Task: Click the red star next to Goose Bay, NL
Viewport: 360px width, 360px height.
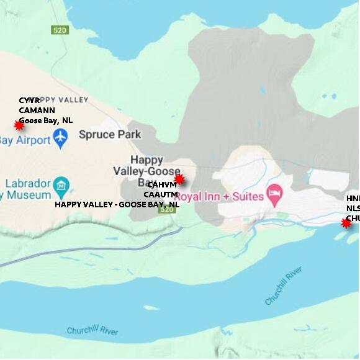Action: point(19,125)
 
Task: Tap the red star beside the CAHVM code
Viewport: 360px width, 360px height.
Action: point(179,179)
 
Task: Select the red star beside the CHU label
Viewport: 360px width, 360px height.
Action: point(346,223)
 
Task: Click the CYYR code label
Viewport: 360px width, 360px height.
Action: point(29,101)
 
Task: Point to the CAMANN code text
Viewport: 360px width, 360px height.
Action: point(37,110)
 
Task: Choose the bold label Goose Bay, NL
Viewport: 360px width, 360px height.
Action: point(45,120)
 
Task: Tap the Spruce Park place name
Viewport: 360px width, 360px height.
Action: point(109,134)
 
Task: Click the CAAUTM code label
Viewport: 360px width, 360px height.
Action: point(161,194)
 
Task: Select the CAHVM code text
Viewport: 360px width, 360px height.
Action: point(161,185)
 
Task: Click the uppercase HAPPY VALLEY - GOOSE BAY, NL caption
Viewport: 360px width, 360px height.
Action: point(117,204)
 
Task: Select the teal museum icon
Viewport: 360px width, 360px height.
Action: point(61,185)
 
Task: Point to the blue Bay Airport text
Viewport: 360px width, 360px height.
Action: point(25,140)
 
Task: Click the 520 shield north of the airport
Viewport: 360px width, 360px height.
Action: point(60,30)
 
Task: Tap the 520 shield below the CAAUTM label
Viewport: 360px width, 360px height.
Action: point(166,210)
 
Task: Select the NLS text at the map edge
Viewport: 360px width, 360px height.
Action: point(353,209)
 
